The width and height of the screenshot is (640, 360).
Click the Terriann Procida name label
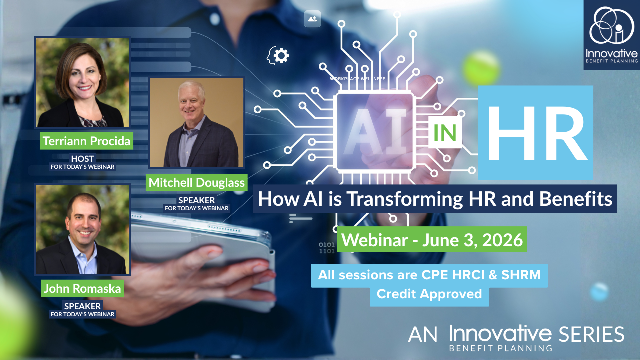[86, 141]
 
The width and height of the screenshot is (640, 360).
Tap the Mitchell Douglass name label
[197, 183]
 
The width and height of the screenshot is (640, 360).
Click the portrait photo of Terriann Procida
[82, 82]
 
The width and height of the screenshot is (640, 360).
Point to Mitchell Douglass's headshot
[197, 122]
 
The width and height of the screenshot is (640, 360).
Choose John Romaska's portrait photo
[82, 230]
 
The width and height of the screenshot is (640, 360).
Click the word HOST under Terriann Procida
[82, 159]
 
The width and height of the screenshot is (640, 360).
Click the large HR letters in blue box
[536, 132]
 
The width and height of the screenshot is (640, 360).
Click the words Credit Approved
[429, 294]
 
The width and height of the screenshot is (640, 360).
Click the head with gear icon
[278, 55]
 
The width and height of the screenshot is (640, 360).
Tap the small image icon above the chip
[312, 19]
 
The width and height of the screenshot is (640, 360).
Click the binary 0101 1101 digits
[327, 248]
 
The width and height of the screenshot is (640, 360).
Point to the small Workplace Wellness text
[357, 78]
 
